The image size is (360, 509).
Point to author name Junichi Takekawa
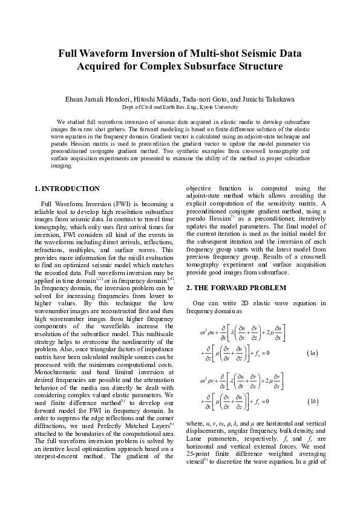pyautogui.click(x=269, y=99)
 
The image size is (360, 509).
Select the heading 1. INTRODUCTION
pyautogui.click(x=67, y=189)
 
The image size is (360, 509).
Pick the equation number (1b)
pyautogui.click(x=313, y=400)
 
